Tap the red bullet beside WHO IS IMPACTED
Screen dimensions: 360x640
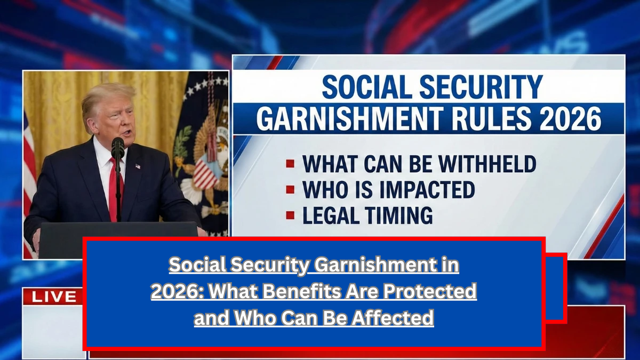[x=290, y=189]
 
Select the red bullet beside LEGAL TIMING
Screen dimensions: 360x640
[x=290, y=215]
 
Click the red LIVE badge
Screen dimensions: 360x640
[x=53, y=297]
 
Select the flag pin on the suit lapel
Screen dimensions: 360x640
[x=138, y=166]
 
